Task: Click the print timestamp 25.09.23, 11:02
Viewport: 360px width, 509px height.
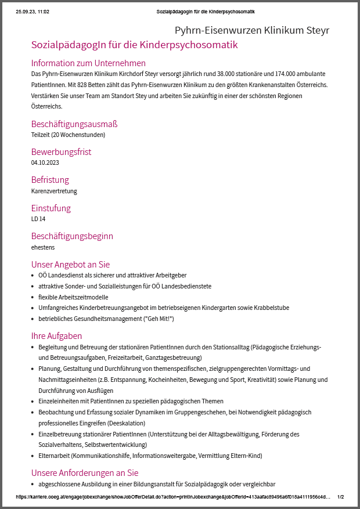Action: click(x=33, y=12)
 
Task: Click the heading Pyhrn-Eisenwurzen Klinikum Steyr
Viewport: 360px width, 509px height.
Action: click(x=252, y=30)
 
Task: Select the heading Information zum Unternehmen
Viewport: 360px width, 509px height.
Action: click(x=88, y=63)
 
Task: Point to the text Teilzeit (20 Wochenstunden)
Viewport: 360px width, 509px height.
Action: click(x=68, y=135)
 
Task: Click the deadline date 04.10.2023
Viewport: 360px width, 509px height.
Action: click(x=45, y=163)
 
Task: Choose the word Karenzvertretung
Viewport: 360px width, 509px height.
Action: click(x=54, y=190)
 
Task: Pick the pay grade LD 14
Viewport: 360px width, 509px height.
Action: click(x=38, y=219)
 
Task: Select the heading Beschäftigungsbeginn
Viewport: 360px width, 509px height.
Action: click(x=72, y=236)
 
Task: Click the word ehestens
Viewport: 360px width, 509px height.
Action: click(x=43, y=247)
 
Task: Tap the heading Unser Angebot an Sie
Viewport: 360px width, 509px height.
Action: click(x=70, y=264)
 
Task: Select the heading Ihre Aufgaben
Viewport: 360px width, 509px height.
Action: click(x=56, y=335)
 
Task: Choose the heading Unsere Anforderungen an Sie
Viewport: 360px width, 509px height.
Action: click(x=85, y=472)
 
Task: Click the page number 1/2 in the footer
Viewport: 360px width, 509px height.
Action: click(x=340, y=497)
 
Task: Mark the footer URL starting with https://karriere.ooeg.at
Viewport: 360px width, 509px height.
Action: click(x=174, y=497)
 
